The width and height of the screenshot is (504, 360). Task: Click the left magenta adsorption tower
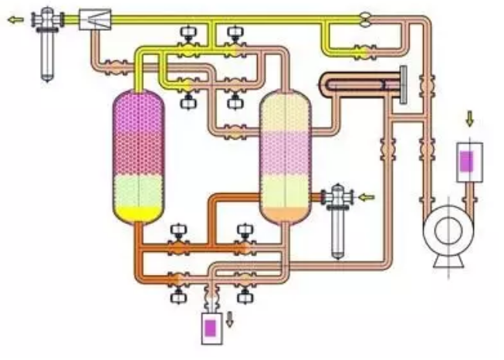(140, 147)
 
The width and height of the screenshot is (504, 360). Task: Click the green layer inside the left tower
(140, 189)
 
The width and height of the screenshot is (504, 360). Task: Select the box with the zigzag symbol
(95, 19)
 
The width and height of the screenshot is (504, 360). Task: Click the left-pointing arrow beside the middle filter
(367, 197)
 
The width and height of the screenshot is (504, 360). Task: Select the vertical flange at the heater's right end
(403, 83)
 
